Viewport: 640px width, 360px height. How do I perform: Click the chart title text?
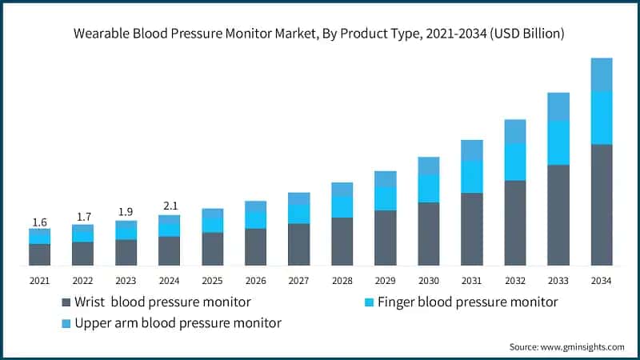click(x=320, y=34)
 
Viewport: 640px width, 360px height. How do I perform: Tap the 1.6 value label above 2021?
click(x=39, y=222)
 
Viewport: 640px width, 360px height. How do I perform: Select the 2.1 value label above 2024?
click(x=169, y=207)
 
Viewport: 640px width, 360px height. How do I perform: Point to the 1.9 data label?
click(x=126, y=213)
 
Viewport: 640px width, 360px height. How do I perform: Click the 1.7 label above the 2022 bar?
click(x=82, y=217)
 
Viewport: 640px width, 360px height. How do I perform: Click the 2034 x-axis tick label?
click(x=601, y=281)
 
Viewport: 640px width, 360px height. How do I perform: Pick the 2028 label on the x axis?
click(x=342, y=281)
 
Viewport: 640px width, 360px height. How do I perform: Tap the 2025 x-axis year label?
click(x=212, y=281)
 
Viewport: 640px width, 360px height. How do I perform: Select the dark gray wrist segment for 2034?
click(x=601, y=205)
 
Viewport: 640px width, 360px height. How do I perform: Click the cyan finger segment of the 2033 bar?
click(x=558, y=142)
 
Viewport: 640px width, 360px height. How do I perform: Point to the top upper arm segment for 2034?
click(x=601, y=74)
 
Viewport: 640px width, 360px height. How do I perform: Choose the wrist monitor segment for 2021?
click(x=39, y=254)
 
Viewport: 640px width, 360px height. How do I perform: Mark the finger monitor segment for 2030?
click(x=428, y=188)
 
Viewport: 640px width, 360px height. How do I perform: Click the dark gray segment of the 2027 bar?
click(x=298, y=244)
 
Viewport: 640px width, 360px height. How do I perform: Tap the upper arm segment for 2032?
click(x=514, y=131)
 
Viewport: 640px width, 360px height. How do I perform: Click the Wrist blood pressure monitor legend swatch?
click(x=66, y=302)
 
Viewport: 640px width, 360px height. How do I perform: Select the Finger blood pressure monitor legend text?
click(x=467, y=302)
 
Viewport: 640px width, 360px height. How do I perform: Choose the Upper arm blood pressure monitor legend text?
click(x=178, y=323)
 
